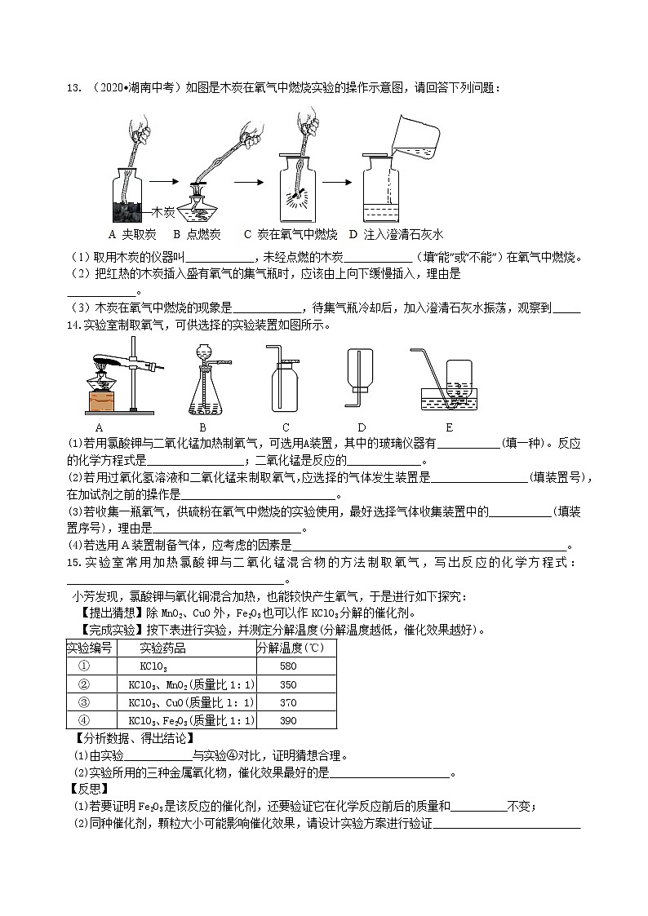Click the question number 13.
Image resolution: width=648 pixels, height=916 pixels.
pos(71,88)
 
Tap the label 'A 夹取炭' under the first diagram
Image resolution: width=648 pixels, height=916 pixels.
pos(131,234)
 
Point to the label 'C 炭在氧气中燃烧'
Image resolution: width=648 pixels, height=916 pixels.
pos(291,234)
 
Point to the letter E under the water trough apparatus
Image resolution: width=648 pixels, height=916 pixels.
pos(449,427)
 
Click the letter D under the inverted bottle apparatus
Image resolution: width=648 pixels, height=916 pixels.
pos(361,427)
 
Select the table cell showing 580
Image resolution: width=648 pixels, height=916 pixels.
pos(288,666)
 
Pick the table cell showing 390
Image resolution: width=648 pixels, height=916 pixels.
pos(288,720)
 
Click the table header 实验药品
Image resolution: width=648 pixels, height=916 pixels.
pos(162,648)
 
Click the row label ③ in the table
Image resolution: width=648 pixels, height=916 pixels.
pos(82,702)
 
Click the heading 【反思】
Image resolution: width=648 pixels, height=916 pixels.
pos(86,789)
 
